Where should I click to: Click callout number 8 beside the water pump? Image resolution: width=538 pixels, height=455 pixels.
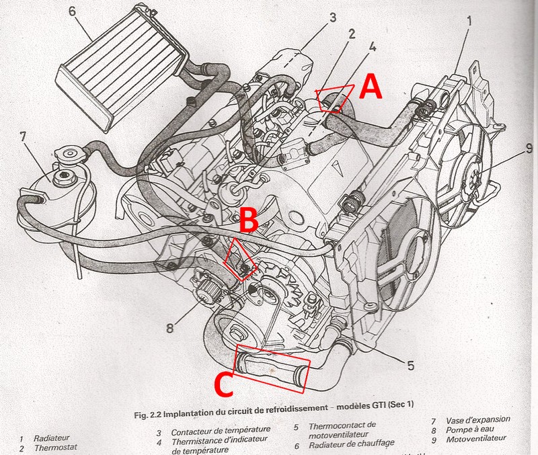(169, 328)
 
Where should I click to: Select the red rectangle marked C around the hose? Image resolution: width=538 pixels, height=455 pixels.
(272, 368)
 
